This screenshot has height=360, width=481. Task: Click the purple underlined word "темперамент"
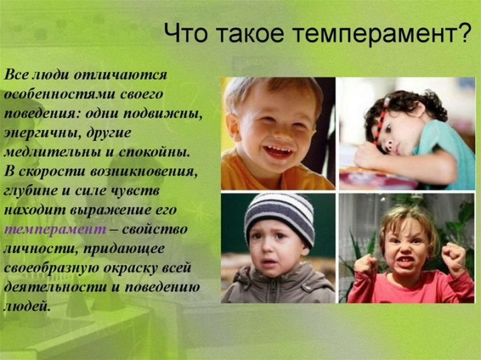[x=51, y=229]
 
